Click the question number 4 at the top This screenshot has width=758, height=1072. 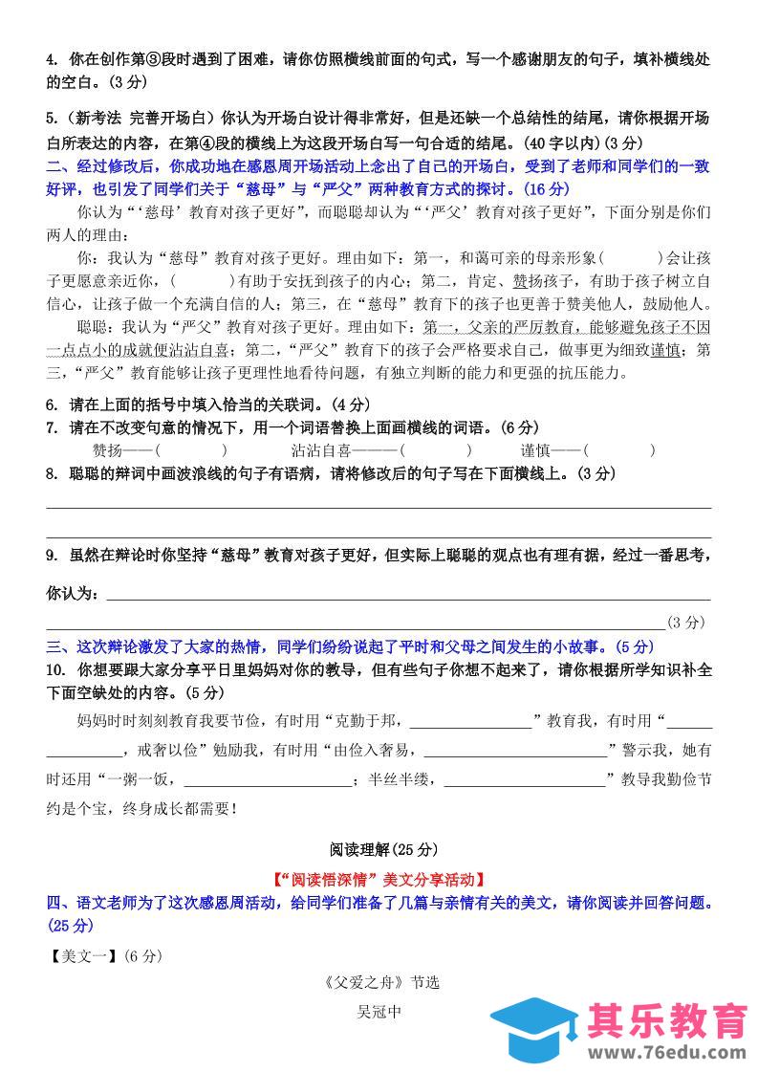coord(51,60)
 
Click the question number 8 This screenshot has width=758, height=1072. coord(51,473)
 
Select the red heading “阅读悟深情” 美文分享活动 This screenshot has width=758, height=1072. coord(379,878)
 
